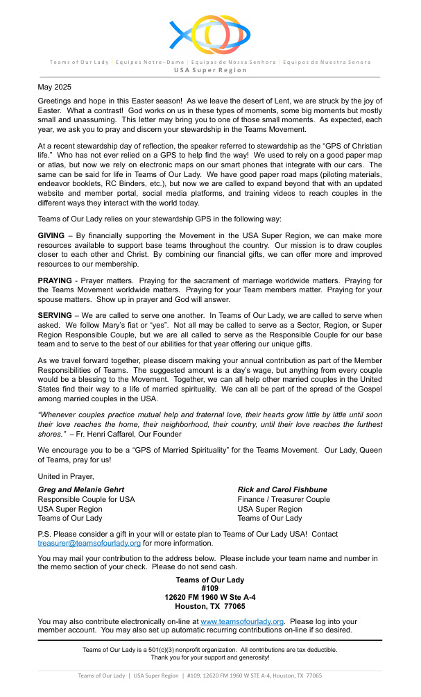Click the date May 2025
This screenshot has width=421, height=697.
tap(54, 87)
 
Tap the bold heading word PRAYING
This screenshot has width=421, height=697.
tap(55, 280)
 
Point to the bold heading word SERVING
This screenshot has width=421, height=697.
tap(55, 315)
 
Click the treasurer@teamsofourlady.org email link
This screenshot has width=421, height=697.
tap(89, 543)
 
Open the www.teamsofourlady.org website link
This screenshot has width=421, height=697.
tap(242, 621)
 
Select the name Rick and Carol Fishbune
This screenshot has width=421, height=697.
tap(282, 489)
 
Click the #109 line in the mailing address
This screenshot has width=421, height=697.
tap(209, 588)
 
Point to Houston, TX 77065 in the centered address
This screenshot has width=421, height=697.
tap(209, 606)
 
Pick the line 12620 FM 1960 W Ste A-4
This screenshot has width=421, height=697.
tap(209, 597)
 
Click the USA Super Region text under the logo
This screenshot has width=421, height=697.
tap(209, 70)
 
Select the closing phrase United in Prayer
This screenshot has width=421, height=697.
tap(65, 476)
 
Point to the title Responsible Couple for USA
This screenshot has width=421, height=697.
tap(87, 499)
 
